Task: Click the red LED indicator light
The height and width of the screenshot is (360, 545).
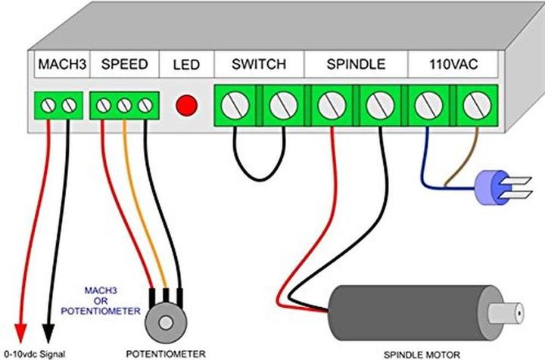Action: coord(187,105)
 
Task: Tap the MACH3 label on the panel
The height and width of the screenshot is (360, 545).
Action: coord(62,64)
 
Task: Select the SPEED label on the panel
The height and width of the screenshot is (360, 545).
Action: coord(124,64)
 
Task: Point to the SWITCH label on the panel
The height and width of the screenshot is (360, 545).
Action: coord(259,64)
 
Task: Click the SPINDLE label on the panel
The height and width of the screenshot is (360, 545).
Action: coord(356,64)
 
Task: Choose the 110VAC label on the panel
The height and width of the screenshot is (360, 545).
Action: coord(453,64)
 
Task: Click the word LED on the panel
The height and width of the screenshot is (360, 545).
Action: coord(186,65)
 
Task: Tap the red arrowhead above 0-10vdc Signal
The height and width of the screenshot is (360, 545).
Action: coord(20,333)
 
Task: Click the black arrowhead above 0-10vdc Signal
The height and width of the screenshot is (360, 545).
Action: coord(48,333)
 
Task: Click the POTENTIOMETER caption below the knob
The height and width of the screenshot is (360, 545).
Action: coord(166,354)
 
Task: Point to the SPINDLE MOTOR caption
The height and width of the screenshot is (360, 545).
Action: coord(422,355)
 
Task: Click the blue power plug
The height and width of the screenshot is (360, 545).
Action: coord(500,188)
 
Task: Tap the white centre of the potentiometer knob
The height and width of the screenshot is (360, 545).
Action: coord(166,323)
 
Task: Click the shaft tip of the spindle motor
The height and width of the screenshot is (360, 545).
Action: coord(519,313)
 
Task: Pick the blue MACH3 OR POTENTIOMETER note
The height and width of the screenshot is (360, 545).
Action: coord(101,301)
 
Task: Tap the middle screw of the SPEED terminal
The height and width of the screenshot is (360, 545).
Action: coord(124,106)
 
